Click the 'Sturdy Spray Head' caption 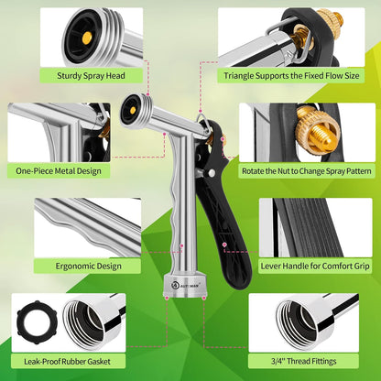[x=91, y=76]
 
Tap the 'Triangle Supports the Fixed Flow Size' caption [x=291, y=76]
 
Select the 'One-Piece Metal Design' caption [x=59, y=171]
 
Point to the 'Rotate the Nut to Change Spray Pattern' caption [x=307, y=171]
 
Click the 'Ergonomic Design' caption [x=89, y=267]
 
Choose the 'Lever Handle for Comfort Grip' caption [x=315, y=267]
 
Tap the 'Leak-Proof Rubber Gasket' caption [x=67, y=362]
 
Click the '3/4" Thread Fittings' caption [x=304, y=362]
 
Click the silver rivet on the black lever [x=211, y=173]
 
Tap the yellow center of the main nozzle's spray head [x=133, y=110]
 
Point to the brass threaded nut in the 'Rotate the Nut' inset [x=318, y=132]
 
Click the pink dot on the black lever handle [x=224, y=245]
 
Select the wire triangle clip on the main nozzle [x=203, y=122]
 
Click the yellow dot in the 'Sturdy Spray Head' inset [x=87, y=38]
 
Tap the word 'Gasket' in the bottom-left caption [x=99, y=362]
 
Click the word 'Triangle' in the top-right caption [x=238, y=76]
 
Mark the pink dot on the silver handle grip [x=181, y=245]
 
